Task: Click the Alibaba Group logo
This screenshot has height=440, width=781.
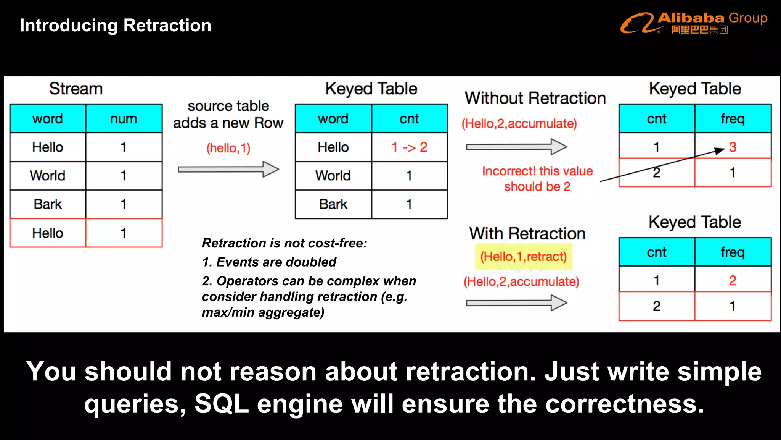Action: click(x=693, y=23)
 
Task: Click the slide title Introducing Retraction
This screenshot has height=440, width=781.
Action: click(x=115, y=26)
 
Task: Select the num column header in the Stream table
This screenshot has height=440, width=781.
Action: click(x=124, y=119)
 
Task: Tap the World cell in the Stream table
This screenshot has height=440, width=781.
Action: click(x=48, y=176)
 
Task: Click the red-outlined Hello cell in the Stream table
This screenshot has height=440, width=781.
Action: click(x=48, y=233)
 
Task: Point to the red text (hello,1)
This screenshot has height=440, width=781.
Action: click(x=228, y=148)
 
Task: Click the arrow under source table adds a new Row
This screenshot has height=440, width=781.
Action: click(x=228, y=169)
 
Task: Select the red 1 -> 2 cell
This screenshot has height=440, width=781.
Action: click(x=409, y=147)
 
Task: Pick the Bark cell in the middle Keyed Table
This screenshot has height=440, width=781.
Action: click(x=333, y=204)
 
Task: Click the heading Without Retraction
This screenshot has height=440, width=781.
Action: click(x=535, y=98)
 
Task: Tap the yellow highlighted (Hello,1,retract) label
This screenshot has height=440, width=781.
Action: click(x=523, y=257)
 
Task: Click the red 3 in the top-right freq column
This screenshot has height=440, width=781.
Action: click(x=733, y=147)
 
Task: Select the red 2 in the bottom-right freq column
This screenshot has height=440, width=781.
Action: click(x=733, y=281)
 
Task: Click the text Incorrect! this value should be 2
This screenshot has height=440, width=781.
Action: click(x=537, y=179)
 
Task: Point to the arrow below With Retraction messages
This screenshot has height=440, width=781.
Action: click(x=516, y=303)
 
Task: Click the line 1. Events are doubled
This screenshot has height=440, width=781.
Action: click(x=269, y=262)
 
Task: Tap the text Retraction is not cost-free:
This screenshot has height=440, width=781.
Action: click(x=284, y=243)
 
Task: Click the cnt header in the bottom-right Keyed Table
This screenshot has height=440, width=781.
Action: click(x=656, y=252)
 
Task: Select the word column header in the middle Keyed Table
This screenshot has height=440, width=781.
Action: click(x=333, y=119)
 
